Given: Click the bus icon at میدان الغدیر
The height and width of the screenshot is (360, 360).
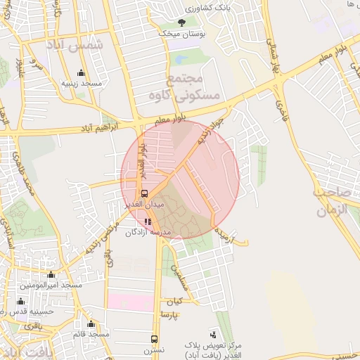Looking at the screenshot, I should (x=144, y=193).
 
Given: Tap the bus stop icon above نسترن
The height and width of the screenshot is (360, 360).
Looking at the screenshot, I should (x=154, y=339).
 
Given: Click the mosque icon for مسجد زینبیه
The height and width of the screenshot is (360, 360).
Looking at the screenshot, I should (x=81, y=73).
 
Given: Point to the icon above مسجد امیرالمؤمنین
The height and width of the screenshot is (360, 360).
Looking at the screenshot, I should (x=51, y=275).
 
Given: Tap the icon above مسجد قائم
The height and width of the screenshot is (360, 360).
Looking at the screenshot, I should (x=91, y=323).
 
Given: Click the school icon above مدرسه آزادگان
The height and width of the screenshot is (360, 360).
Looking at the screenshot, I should (x=148, y=221).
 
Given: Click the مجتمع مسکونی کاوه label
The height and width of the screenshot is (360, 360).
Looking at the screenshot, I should (x=194, y=87).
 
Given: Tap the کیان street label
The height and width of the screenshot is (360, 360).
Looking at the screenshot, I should (x=174, y=300).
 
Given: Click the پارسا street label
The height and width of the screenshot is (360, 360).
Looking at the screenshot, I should (x=170, y=313).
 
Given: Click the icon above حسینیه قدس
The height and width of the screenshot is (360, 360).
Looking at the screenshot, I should (x=20, y=302).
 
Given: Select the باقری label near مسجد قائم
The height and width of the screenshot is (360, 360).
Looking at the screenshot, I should (x=33, y=326).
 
